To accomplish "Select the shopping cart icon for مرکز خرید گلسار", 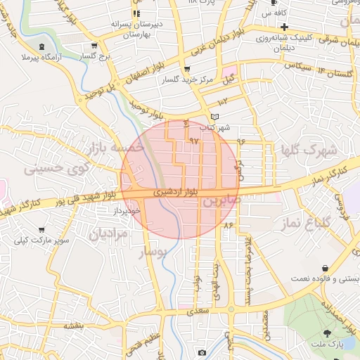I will [186, 69].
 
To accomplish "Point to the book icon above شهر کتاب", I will [214, 117].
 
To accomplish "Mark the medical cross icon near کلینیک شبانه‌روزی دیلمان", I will [284, 27].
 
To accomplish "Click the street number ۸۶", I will [227, 225].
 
